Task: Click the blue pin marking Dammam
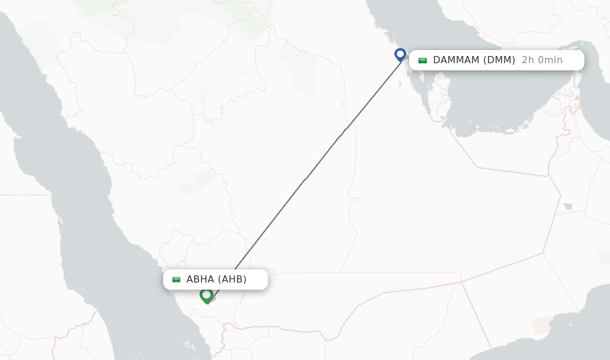[400, 55]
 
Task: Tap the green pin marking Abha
[206, 295]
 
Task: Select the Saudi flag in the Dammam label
[422, 60]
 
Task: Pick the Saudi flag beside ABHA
[176, 280]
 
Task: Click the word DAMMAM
[457, 60]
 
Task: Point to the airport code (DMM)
[499, 60]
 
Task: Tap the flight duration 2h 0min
[542, 60]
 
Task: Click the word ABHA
[201, 280]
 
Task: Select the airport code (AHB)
[232, 280]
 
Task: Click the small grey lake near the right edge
[568, 206]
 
